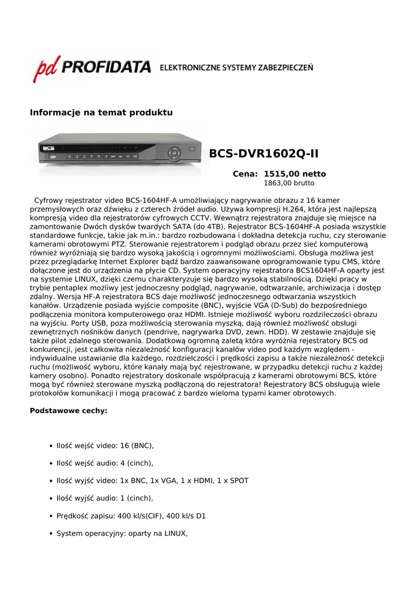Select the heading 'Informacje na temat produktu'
[101, 112]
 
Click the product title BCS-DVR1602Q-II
[263, 154]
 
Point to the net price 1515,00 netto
[295, 174]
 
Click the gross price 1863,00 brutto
[289, 183]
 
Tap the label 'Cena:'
[245, 174]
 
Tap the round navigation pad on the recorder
[174, 153]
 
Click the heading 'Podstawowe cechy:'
[68, 411]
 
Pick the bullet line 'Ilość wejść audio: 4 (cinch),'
[105, 463]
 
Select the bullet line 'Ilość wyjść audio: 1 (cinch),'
[105, 498]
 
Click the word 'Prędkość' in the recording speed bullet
[73, 516]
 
